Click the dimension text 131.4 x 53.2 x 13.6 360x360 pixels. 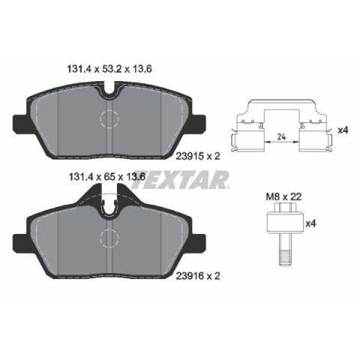(109, 69)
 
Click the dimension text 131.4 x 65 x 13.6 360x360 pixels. (107, 177)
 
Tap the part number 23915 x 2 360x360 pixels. (198, 156)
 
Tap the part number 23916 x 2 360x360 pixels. (198, 276)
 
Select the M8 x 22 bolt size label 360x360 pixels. (283, 196)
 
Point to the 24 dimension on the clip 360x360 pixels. (282, 136)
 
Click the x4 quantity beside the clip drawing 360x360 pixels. (343, 130)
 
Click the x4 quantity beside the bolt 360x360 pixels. (311, 223)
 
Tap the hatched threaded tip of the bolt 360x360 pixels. (285, 257)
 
